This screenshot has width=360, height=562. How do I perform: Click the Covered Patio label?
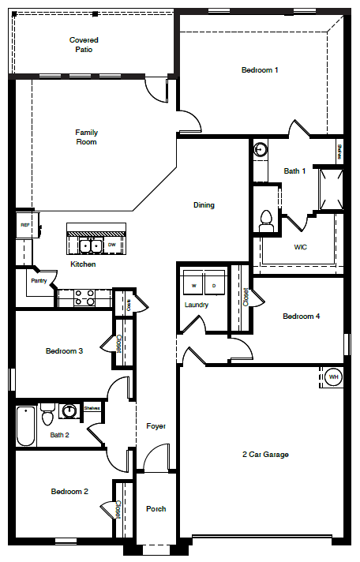[84, 44]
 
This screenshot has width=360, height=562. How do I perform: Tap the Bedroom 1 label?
[260, 70]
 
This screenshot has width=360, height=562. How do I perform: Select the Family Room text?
[86, 137]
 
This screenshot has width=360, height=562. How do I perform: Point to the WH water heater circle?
[333, 377]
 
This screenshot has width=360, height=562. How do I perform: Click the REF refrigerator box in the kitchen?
[24, 225]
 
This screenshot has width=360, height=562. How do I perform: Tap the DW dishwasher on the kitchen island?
[111, 245]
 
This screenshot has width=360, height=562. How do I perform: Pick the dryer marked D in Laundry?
[213, 285]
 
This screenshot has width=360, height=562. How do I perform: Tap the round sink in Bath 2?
[69, 410]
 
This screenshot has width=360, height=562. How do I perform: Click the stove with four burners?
[84, 298]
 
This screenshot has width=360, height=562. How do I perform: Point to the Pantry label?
[37, 280]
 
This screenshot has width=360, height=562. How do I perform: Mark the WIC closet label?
[300, 247]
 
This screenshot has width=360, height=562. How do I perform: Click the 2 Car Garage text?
[264, 455]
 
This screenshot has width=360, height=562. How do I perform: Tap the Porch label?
[156, 509]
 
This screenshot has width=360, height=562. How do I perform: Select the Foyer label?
[156, 426]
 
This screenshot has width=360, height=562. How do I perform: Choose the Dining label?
[204, 205]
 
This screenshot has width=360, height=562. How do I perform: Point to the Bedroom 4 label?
[302, 317]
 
